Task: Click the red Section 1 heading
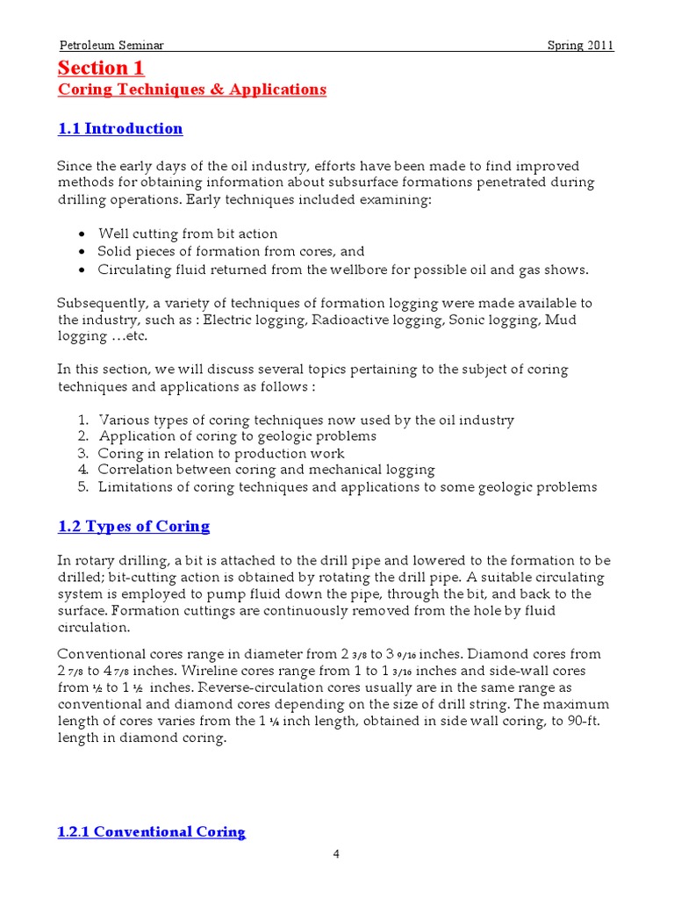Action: (x=101, y=68)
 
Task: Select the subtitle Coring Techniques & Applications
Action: (x=191, y=90)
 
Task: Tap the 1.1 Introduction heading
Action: (x=120, y=129)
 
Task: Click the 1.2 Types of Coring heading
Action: (x=133, y=527)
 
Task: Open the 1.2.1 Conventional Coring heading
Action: (x=151, y=831)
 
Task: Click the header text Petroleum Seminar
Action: (x=111, y=46)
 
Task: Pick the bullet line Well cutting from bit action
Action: (x=187, y=234)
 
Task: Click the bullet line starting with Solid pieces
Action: (x=230, y=251)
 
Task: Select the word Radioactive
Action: (x=346, y=320)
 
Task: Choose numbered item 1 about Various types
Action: (x=305, y=420)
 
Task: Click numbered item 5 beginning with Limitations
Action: (x=347, y=486)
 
